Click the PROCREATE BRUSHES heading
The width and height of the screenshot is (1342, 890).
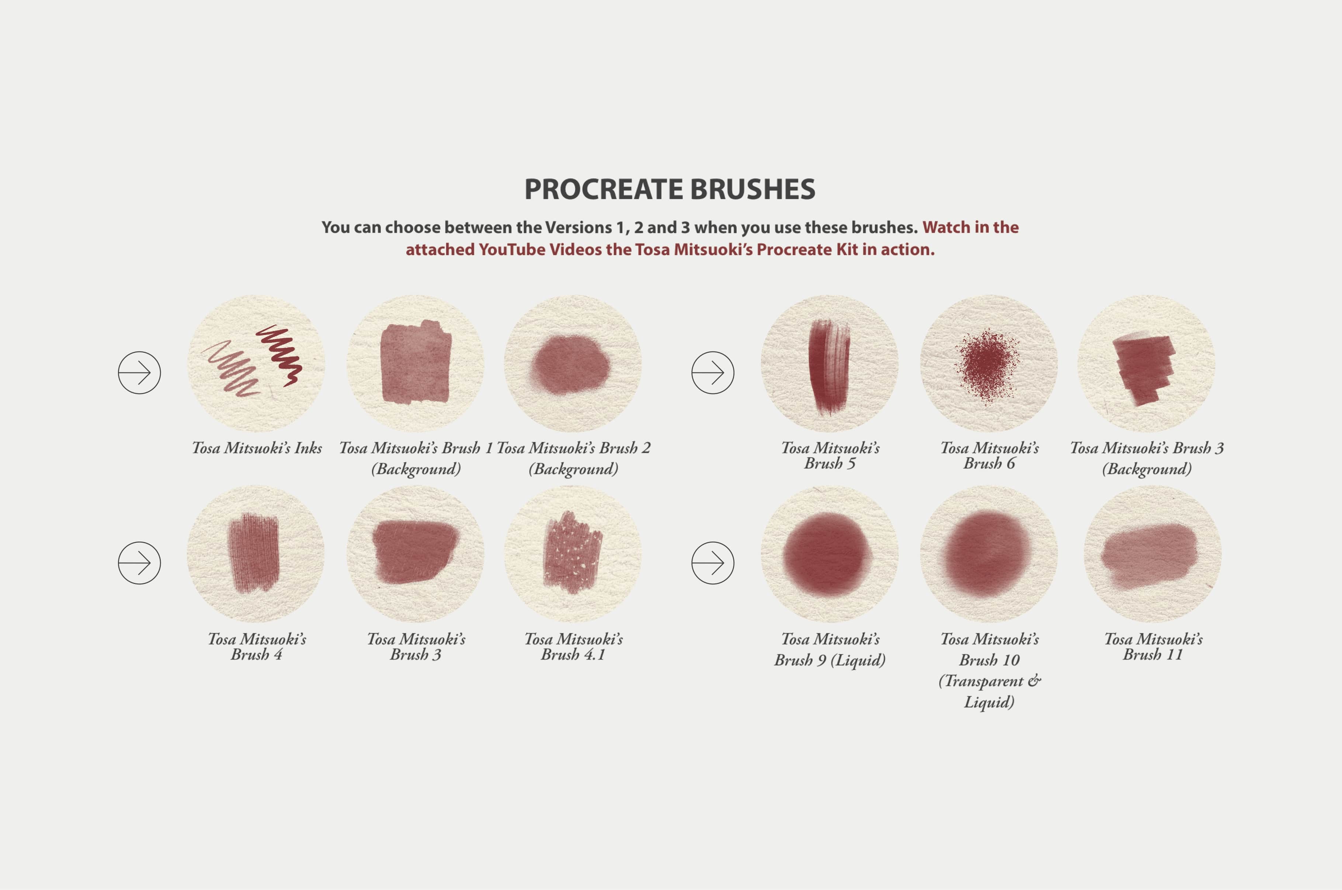click(670, 189)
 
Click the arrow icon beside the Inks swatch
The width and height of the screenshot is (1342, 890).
click(139, 372)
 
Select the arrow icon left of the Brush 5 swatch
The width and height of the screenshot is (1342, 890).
click(713, 372)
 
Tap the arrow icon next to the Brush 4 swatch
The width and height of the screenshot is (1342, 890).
click(139, 563)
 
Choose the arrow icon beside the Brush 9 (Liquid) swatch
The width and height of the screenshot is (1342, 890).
click(713, 563)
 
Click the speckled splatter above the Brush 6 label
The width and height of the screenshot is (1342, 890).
click(987, 365)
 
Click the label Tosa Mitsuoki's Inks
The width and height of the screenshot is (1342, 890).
click(257, 448)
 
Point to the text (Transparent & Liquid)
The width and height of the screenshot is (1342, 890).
click(989, 691)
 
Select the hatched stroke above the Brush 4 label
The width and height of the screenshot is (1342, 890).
click(253, 553)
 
